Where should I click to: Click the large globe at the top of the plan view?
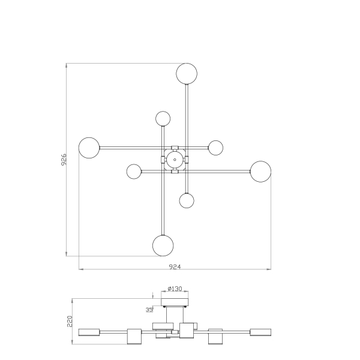tap(187, 73)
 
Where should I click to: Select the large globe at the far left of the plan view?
tap(89, 148)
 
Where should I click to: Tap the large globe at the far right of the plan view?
tap(260, 172)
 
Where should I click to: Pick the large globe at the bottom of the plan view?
tap(163, 245)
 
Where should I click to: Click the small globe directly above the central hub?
tap(163, 119)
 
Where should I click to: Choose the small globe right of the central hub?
tap(215, 148)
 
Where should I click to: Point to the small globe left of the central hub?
tap(134, 172)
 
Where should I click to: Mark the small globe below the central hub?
tap(187, 200)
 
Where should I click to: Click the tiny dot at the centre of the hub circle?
tap(175, 160)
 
